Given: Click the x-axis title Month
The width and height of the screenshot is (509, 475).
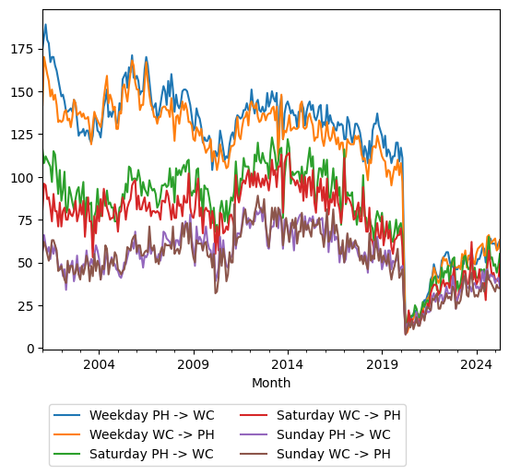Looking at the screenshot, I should (271, 383).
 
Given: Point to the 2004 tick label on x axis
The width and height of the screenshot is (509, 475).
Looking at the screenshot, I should (99, 364).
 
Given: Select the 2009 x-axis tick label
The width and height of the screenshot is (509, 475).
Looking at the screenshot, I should (193, 364).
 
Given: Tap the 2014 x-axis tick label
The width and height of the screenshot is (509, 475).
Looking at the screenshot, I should (288, 364).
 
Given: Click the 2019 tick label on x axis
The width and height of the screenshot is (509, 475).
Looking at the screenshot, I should (382, 364).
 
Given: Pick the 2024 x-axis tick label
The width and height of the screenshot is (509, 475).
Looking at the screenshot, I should (476, 364).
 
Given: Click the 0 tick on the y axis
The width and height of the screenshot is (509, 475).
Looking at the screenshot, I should (31, 348).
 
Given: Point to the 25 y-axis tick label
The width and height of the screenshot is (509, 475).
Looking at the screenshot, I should (28, 305).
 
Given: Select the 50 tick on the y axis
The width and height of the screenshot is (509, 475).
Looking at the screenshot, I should (28, 263).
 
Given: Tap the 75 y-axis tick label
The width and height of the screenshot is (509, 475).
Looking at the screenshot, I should (28, 220).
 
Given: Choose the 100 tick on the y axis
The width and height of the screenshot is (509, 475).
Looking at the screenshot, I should (25, 177).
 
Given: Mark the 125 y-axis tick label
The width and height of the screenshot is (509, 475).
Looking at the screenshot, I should (25, 135).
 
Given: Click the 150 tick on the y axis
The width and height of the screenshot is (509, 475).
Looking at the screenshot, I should (25, 92).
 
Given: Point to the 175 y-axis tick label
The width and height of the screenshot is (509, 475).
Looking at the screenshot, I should (25, 49).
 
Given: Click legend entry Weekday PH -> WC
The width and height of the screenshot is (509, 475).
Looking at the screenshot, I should (148, 415).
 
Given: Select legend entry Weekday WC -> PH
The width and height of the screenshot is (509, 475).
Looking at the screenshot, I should (148, 433).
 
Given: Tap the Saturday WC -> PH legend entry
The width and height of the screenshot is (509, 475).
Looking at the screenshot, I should (337, 415).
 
